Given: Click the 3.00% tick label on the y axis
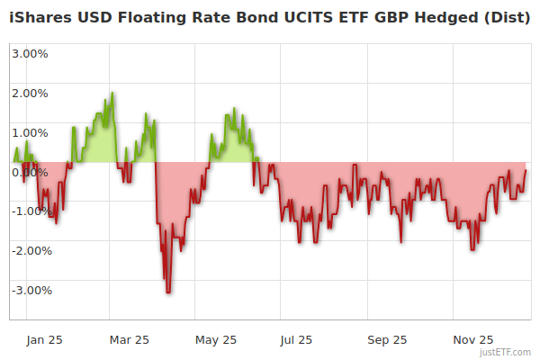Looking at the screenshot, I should pyautogui.click(x=29, y=53).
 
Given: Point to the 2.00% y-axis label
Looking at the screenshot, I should pyautogui.click(x=29, y=93).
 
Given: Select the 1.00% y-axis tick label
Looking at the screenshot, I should pyautogui.click(x=29, y=132).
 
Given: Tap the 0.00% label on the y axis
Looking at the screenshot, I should pyautogui.click(x=29, y=172).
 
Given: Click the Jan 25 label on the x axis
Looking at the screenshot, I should pyautogui.click(x=44, y=339).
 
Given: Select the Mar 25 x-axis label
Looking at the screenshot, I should pyautogui.click(x=129, y=339).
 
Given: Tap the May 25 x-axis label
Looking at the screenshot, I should pyautogui.click(x=215, y=339).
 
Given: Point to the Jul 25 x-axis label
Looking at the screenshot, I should pyautogui.click(x=297, y=339).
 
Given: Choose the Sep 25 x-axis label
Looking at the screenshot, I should pyautogui.click(x=387, y=339).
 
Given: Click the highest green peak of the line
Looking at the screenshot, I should pyautogui.click(x=112, y=93).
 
